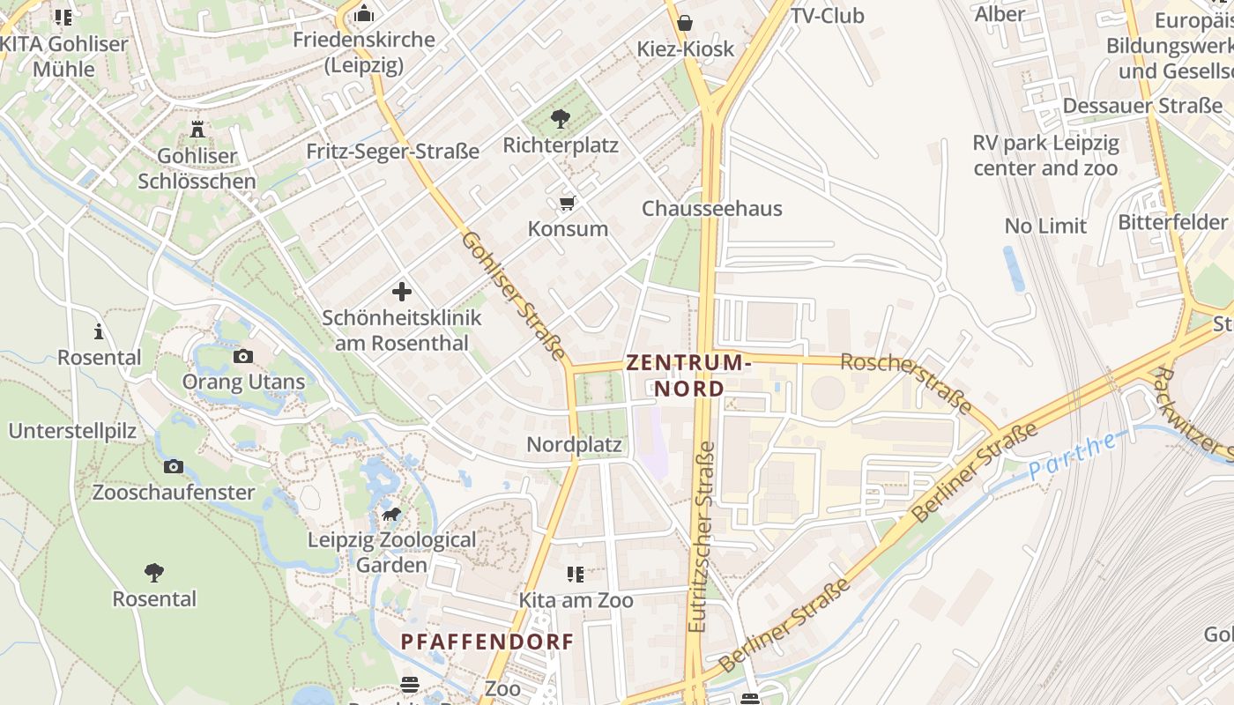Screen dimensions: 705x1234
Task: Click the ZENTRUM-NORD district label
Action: point(688,375)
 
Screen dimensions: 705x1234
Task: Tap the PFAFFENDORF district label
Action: point(487,642)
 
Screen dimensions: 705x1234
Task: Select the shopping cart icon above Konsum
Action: point(568,204)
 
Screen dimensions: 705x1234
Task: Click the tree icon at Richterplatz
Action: point(560,119)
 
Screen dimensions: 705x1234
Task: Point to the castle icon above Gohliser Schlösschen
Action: point(197,130)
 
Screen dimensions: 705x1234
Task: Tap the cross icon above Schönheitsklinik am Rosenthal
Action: point(402,292)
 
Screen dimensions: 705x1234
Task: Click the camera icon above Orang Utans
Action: point(243,356)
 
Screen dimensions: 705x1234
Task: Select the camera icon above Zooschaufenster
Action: point(174,466)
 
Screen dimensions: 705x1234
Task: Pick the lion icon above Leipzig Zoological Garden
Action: point(391,514)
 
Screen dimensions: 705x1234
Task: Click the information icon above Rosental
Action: point(99,331)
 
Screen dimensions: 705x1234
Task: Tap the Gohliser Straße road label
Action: point(513,295)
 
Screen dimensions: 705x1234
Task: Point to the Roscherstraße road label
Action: point(906,383)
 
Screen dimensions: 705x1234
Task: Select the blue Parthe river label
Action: point(1073,456)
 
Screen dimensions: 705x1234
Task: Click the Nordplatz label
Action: point(574,445)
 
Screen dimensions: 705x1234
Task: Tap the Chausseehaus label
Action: point(711,209)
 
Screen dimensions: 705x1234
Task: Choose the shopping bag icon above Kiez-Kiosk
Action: point(685,22)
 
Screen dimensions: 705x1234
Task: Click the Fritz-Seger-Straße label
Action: point(392,152)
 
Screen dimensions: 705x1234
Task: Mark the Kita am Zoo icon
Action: point(576,575)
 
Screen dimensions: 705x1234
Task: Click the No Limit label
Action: point(1045,226)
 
